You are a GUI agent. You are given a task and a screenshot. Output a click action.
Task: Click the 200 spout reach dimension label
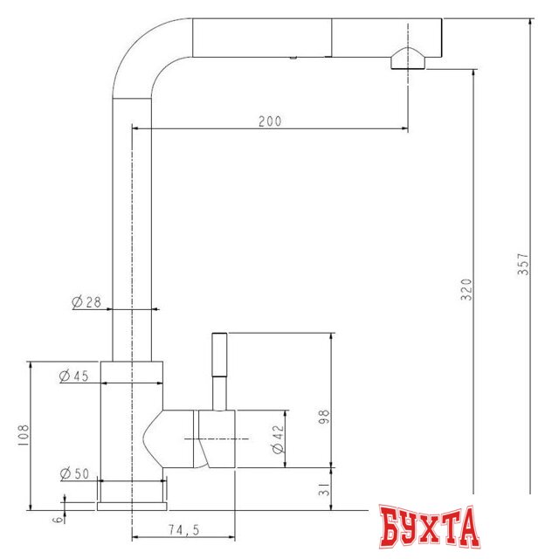click(x=270, y=121)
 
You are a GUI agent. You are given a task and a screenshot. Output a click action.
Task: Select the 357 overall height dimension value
click(x=523, y=264)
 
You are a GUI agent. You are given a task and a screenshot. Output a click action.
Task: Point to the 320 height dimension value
click(x=466, y=290)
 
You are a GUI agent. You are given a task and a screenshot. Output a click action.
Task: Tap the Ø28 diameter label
click(x=86, y=302)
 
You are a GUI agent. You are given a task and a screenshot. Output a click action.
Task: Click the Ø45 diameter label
click(x=74, y=376)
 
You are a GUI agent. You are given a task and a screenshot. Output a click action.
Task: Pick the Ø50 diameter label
click(x=74, y=473)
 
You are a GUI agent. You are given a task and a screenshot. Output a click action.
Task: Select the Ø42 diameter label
click(x=279, y=438)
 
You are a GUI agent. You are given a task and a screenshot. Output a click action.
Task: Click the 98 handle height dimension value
click(x=325, y=416)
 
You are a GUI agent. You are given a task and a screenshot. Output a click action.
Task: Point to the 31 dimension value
click(x=325, y=489)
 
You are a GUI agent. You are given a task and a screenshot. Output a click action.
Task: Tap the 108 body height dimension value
click(x=24, y=436)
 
